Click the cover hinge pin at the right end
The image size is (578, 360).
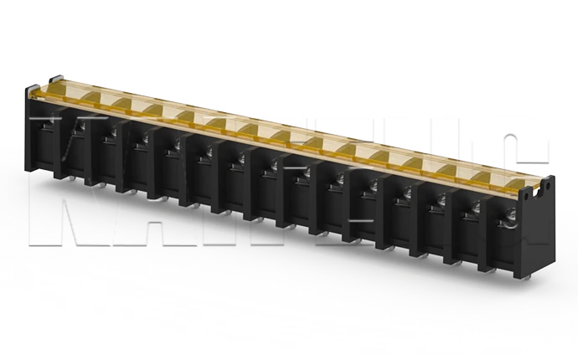point(548,177)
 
